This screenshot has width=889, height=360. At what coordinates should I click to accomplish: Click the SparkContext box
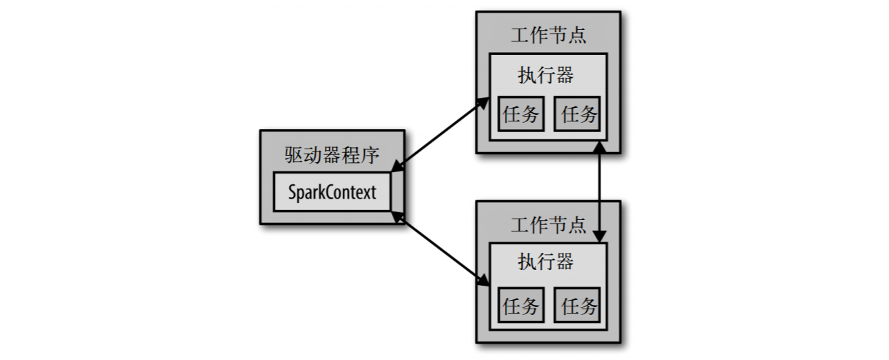point(333,192)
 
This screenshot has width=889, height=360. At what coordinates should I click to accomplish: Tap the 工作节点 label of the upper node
point(548,36)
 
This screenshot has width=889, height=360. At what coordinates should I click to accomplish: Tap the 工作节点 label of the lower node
point(548,226)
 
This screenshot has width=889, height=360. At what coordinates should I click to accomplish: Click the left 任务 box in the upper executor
point(521,114)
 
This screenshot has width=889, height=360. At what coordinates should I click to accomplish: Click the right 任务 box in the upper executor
point(578,114)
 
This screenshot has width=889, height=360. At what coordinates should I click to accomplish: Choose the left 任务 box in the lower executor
point(521,307)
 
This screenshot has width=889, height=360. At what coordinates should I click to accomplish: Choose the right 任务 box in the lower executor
point(578,307)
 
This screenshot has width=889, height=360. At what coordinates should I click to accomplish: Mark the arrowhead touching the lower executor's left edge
point(482,280)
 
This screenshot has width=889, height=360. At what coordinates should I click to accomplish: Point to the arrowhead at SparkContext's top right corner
point(397,168)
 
